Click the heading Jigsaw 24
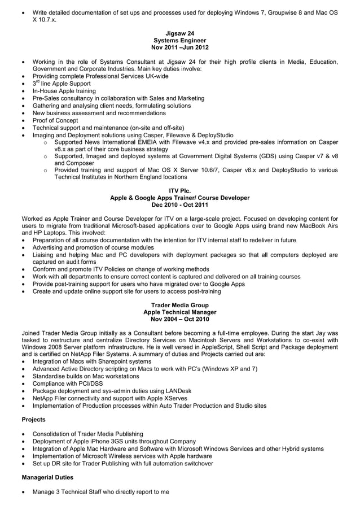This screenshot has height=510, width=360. click(179, 34)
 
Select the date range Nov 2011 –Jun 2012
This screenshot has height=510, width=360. click(179, 48)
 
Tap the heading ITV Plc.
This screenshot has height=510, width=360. click(179, 191)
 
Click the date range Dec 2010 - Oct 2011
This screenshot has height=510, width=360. click(179, 206)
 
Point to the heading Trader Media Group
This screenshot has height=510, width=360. click(179, 306)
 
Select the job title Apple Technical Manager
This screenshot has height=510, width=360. click(179, 312)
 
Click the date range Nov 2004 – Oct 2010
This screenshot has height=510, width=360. click(179, 320)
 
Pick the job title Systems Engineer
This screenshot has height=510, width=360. click(179, 41)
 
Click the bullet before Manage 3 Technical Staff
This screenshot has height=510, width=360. click(22, 492)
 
